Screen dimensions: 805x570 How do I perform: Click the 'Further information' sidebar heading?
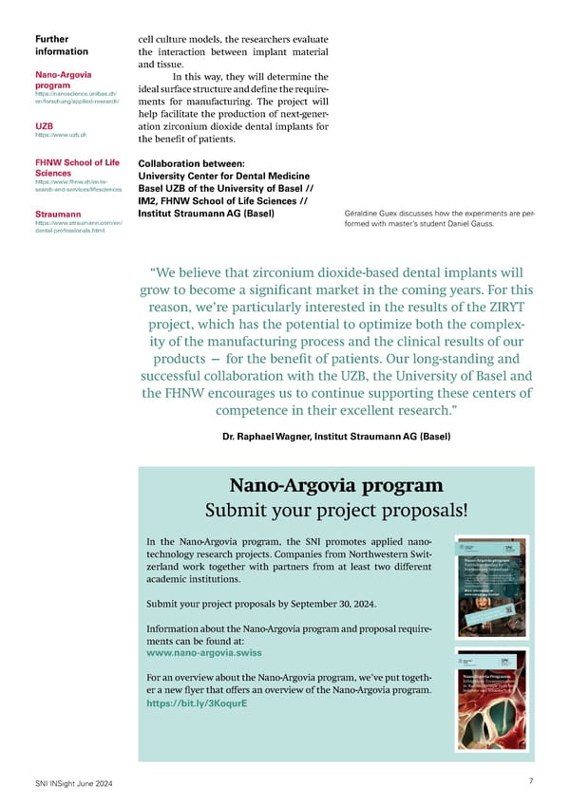[62, 45]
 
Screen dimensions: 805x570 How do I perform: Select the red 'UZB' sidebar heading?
[44, 125]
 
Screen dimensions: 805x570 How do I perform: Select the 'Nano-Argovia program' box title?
[336, 485]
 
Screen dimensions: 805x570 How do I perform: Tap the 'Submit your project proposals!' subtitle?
[336, 509]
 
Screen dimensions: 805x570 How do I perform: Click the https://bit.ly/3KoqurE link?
[197, 706]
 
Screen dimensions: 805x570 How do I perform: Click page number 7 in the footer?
[529, 781]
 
